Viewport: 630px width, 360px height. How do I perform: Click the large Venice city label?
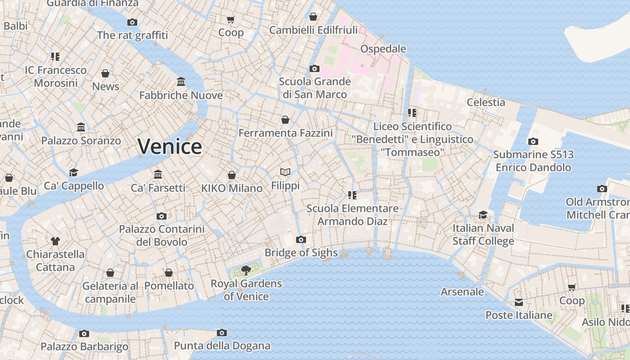pos(170,147)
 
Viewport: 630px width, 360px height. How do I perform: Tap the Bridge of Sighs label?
pos(301,252)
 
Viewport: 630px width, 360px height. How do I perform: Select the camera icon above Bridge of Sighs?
pos(301,239)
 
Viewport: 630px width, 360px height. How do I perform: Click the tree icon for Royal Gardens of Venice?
pos(246,270)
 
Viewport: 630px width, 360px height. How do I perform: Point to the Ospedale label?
pos(383,49)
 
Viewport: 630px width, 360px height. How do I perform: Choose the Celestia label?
pos(486,102)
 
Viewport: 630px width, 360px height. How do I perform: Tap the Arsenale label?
pos(462,292)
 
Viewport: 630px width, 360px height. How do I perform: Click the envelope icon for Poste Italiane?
pos(519,302)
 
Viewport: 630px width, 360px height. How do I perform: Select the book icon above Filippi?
pos(285,172)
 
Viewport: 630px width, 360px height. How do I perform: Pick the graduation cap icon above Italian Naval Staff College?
pos(483,215)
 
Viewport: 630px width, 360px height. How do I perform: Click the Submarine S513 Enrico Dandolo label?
pos(533,161)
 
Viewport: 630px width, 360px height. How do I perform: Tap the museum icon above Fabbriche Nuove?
pos(181,82)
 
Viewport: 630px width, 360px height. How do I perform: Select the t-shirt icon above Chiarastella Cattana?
pos(55,241)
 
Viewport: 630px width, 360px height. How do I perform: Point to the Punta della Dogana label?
pos(222,346)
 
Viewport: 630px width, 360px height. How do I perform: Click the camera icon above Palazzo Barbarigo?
pos(84,333)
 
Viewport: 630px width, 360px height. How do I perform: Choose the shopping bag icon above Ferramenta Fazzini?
pos(285,120)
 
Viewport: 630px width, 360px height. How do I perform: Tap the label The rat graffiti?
pos(132,35)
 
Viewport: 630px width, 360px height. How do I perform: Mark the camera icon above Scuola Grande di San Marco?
pos(315,68)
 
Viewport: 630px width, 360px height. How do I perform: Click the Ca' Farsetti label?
pos(158,188)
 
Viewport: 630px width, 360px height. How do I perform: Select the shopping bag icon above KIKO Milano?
pos(232,175)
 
